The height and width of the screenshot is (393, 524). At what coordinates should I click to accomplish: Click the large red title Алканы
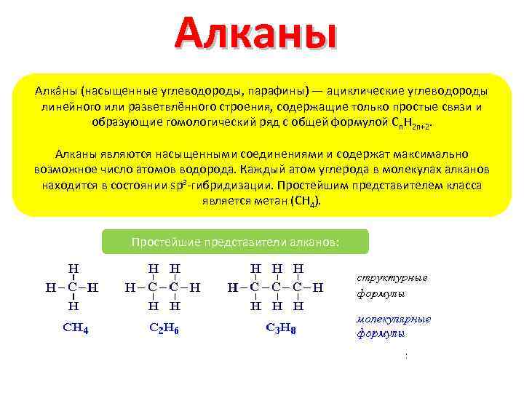256,36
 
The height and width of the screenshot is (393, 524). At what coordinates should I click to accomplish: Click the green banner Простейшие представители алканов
235,242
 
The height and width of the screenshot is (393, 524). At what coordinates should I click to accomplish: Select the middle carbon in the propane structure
277,287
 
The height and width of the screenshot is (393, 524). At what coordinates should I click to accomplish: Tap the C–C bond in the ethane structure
163,287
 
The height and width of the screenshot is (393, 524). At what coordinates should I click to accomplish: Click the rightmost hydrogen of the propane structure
318,287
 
